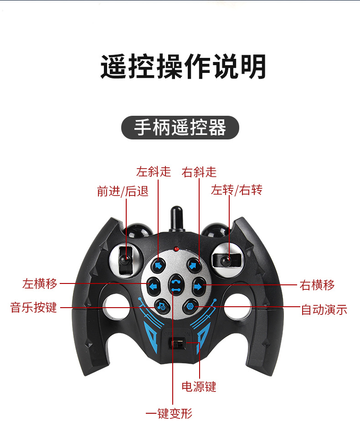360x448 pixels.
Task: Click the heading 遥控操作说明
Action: point(183,66)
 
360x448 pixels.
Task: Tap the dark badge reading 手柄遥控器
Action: point(180,128)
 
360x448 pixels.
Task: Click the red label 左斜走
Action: point(154,172)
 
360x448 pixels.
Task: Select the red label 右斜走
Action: point(199,172)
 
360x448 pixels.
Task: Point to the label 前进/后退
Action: point(123,191)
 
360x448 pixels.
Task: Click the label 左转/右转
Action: point(237,190)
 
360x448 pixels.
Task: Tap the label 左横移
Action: point(40,284)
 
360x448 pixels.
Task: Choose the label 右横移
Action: point(317,285)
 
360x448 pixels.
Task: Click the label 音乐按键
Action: point(33,308)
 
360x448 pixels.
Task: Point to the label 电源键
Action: point(199,386)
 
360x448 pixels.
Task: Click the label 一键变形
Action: point(169,413)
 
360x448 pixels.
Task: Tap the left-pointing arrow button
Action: point(154,286)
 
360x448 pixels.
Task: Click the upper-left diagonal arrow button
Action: point(158,266)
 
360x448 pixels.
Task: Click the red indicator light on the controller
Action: point(176,249)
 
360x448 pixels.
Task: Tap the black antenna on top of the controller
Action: point(176,219)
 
